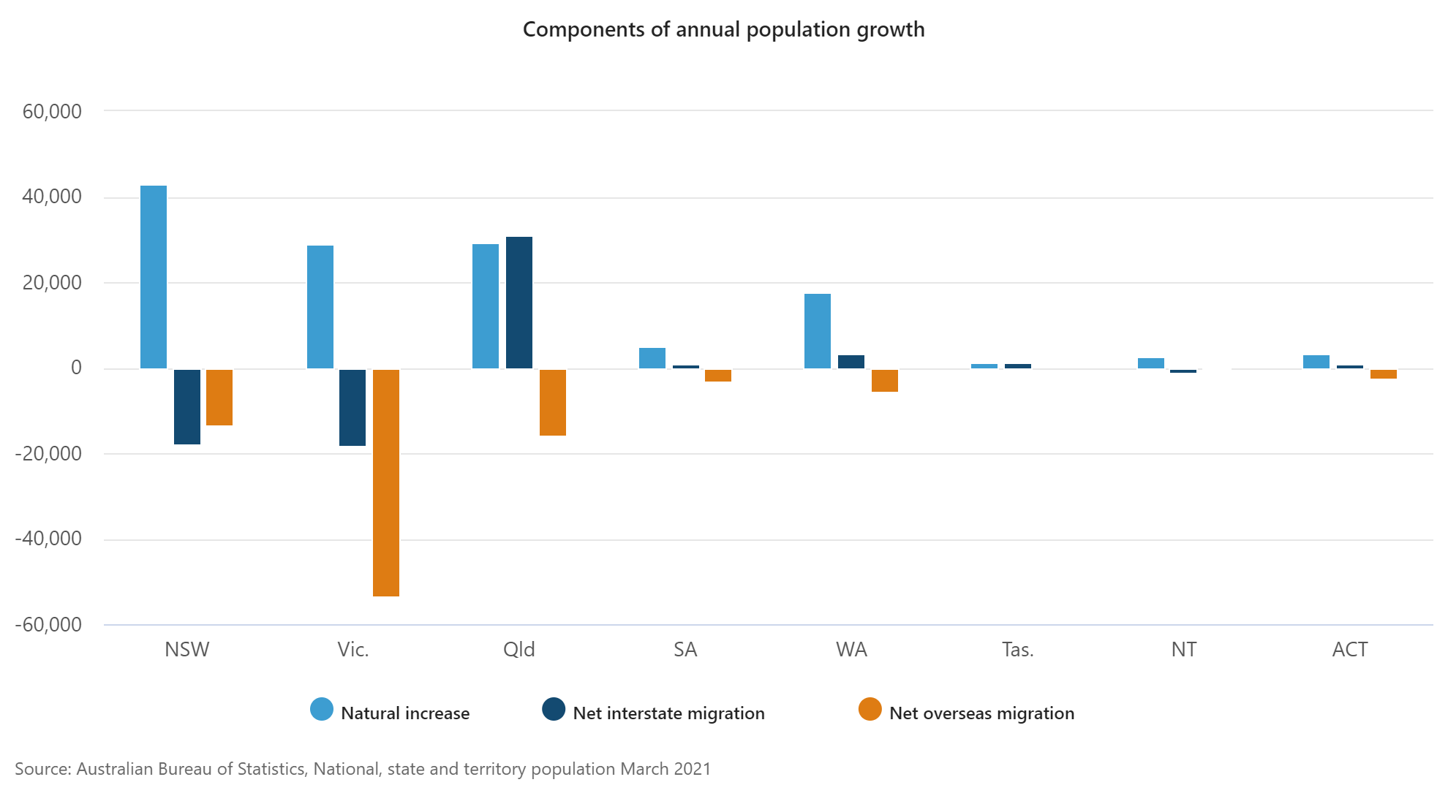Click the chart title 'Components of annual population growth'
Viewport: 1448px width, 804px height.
[x=723, y=30]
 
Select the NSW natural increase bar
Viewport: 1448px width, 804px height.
[x=154, y=277]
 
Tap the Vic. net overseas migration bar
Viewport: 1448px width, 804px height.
[x=386, y=482]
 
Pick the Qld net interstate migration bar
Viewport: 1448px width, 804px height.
[x=519, y=303]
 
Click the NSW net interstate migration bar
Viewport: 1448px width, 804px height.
[x=187, y=406]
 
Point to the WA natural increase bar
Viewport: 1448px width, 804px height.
[x=818, y=331]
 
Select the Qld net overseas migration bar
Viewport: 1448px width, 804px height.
[x=553, y=402]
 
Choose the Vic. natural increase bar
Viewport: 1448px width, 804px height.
[x=320, y=307]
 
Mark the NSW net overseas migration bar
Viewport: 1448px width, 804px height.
[x=219, y=397]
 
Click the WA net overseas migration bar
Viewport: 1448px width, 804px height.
[x=885, y=380]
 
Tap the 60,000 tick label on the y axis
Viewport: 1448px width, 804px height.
[x=52, y=112]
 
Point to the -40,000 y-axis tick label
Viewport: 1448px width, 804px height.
[x=48, y=539]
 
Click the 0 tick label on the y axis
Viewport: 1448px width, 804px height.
[x=76, y=368]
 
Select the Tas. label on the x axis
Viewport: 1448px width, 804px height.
[x=1017, y=650]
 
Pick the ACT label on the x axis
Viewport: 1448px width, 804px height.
[x=1349, y=650]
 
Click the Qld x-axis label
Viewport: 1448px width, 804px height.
[x=519, y=650]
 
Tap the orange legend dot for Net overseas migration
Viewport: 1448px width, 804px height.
[x=870, y=710]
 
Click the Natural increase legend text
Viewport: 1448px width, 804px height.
[x=405, y=713]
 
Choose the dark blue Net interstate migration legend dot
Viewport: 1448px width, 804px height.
[x=554, y=710]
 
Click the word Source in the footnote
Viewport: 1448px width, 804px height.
[x=42, y=769]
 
